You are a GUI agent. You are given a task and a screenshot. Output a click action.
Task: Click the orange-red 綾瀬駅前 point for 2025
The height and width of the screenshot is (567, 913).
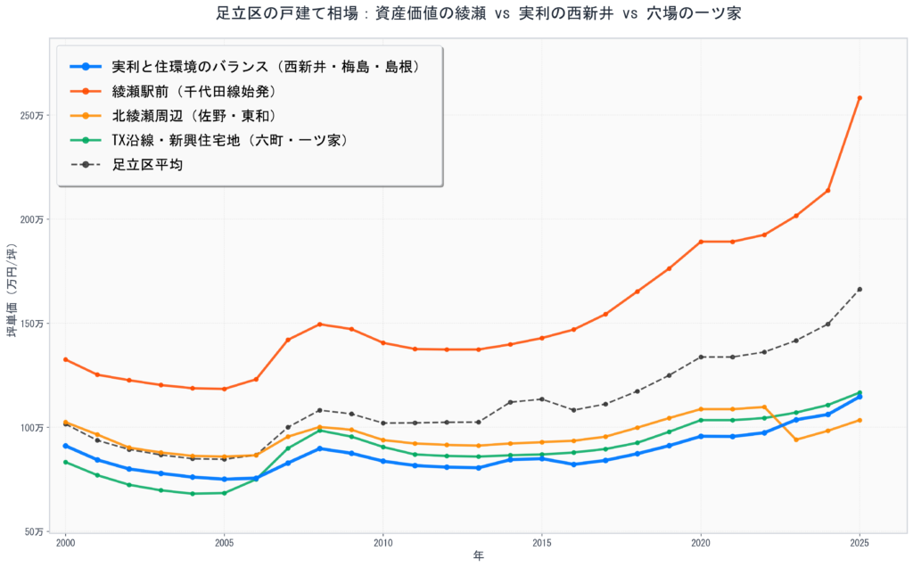(860, 98)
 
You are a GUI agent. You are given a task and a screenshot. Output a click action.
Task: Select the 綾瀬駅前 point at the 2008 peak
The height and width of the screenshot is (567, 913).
(319, 325)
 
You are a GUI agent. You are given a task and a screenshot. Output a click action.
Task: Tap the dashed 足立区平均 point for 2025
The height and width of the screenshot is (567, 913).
(860, 289)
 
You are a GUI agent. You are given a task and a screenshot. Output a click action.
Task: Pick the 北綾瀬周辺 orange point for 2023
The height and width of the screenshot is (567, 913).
(796, 440)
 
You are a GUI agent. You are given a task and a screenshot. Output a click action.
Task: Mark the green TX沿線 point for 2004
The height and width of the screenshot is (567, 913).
(193, 494)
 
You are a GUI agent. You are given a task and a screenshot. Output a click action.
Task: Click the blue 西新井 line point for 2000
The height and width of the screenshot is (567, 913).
(65, 446)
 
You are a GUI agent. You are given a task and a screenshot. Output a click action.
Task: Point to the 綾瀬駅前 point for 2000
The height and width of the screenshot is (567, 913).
(65, 359)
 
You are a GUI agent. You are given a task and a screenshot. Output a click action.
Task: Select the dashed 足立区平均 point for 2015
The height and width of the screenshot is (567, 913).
(541, 399)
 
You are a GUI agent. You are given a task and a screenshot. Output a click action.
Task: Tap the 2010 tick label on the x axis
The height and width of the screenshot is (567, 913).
(383, 542)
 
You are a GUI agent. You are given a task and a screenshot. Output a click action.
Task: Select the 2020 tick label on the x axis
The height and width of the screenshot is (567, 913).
(701, 542)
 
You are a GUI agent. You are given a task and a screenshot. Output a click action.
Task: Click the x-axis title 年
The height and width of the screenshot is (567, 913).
(478, 555)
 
